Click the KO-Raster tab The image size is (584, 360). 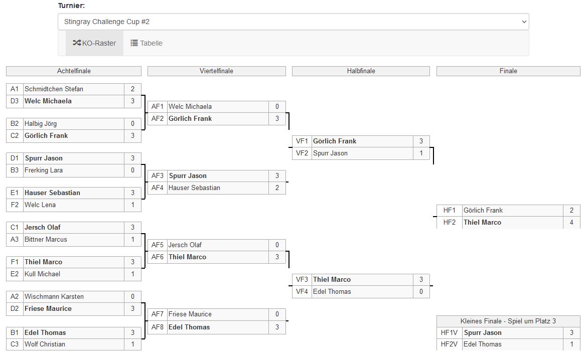click(x=94, y=43)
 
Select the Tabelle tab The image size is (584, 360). click(x=147, y=43)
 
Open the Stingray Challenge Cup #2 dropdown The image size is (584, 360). click(x=293, y=22)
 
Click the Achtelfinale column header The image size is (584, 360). click(x=74, y=71)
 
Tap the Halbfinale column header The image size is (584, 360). click(x=361, y=71)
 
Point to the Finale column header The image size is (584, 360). click(x=508, y=71)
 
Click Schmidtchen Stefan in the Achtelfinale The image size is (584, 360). click(x=54, y=89)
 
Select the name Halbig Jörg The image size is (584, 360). click(x=41, y=124)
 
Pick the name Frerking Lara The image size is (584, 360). click(x=44, y=170)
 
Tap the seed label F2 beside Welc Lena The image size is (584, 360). click(x=15, y=205)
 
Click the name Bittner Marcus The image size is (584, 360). click(x=46, y=240)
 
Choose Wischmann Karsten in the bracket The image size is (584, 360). click(x=54, y=297)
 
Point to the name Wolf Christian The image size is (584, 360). click(x=45, y=344)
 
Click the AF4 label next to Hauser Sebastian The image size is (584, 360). click(x=158, y=188)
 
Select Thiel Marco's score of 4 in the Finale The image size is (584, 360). click(x=571, y=223)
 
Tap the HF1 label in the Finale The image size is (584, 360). click(x=449, y=211)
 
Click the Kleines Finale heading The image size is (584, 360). click(x=508, y=321)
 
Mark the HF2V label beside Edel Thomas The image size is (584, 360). click(x=449, y=344)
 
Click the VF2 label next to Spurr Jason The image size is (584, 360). click(x=302, y=153)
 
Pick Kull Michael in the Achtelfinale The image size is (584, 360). click(x=42, y=274)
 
